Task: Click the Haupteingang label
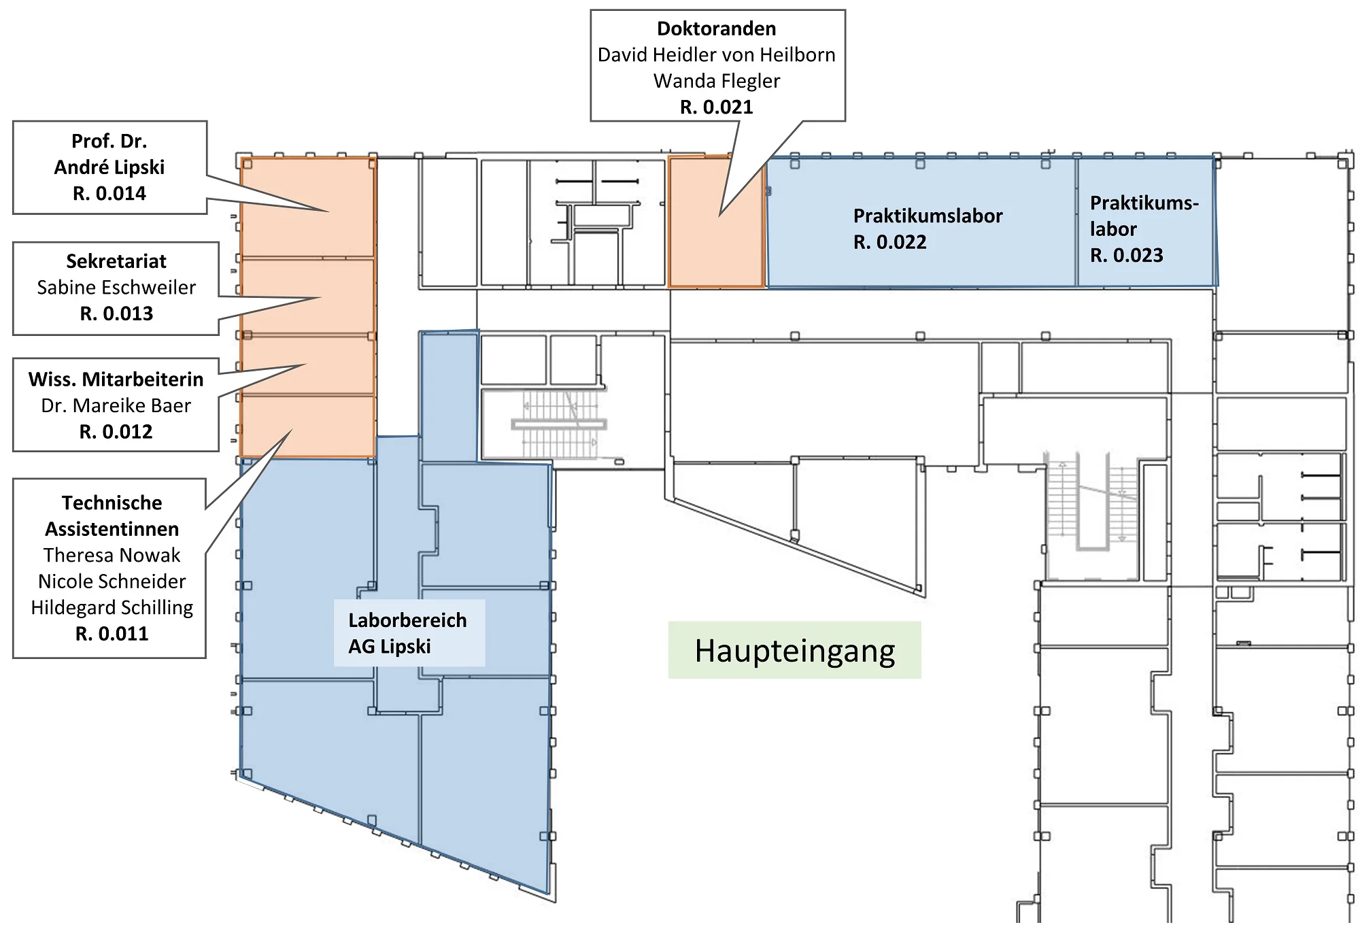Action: point(794,651)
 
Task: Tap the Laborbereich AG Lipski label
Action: point(408,633)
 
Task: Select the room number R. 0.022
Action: point(889,242)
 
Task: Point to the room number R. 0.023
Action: point(1126,255)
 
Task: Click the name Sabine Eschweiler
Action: point(116,288)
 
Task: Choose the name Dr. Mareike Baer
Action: point(116,405)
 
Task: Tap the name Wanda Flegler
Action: point(717,81)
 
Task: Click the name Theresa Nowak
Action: point(112,555)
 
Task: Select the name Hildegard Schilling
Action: point(112,607)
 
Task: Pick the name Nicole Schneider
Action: point(112,581)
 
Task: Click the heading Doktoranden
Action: point(717,29)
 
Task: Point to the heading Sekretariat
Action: point(116,261)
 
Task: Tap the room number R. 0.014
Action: point(109,194)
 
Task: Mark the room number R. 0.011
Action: point(112,634)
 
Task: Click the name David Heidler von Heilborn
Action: point(717,54)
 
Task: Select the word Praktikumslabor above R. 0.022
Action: point(928,216)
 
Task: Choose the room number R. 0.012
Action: point(116,432)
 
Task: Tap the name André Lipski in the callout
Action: point(109,167)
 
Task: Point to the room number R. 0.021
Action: point(717,107)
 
